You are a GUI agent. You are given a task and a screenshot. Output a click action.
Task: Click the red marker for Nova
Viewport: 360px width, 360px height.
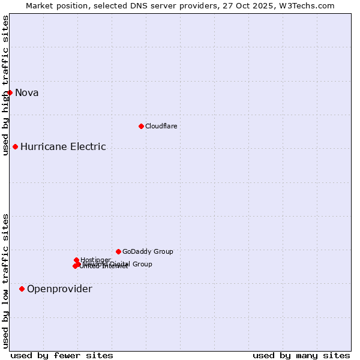pos(10,92)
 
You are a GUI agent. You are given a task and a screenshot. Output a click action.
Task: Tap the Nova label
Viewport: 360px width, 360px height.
pos(27,92)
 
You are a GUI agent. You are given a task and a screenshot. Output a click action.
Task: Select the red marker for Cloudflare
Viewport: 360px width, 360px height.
pos(141,126)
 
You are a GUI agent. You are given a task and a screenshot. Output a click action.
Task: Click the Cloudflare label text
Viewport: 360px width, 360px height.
pos(161,126)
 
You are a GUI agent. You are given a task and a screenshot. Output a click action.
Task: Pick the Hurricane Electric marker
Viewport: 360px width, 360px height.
pos(15,146)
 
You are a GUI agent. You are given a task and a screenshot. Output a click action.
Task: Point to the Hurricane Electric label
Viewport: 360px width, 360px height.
pos(63,146)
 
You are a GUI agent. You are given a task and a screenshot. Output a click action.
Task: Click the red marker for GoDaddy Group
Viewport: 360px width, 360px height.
pos(118,251)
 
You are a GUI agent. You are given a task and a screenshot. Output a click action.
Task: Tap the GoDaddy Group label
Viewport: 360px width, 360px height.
pos(148,251)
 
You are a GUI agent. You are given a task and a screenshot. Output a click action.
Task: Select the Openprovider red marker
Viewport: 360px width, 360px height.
pos(22,289)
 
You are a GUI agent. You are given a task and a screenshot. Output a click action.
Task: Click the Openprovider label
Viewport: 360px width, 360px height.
pos(59,289)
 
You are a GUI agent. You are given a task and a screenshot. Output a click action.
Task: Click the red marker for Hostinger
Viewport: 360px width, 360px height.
pos(76,260)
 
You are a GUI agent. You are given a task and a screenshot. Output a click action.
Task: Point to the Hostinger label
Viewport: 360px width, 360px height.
pos(95,260)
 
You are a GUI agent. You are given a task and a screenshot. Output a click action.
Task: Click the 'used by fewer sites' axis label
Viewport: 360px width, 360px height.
pos(62,355)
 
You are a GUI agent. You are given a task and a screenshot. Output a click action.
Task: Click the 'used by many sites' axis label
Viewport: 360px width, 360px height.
pos(301,355)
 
